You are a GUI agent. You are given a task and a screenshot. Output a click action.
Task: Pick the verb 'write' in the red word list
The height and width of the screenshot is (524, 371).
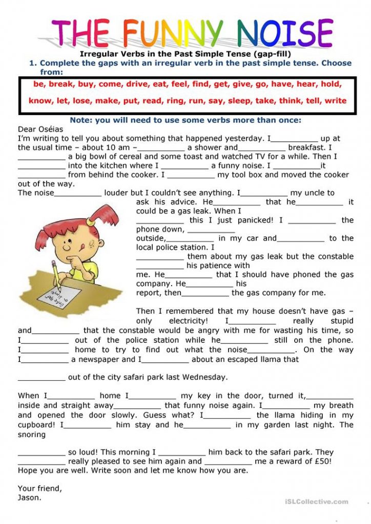pyautogui.click(x=336, y=100)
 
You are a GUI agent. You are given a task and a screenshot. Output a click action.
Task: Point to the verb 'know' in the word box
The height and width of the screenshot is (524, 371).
pyautogui.click(x=39, y=100)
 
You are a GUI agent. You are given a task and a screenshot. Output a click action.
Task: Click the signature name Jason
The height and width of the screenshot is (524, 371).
pyautogui.click(x=29, y=497)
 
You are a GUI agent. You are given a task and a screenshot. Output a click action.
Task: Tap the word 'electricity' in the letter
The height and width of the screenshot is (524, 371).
pyautogui.click(x=188, y=321)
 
